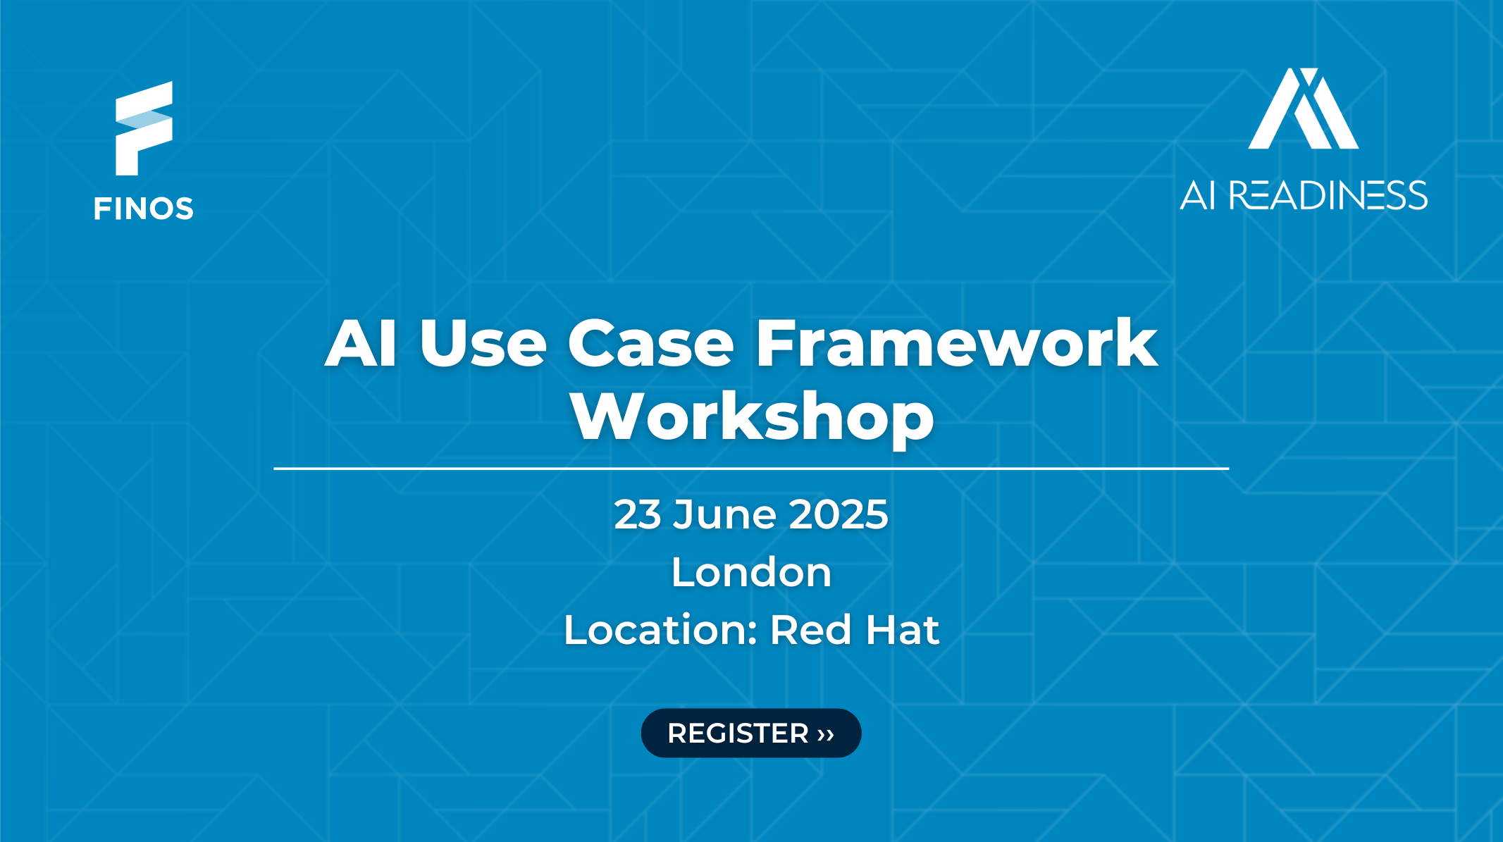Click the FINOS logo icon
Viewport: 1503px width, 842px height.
pos(144,128)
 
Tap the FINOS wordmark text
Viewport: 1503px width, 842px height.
pos(144,209)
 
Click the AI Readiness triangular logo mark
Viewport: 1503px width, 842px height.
pos(1304,109)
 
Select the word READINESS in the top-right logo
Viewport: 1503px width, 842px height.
pos(1328,195)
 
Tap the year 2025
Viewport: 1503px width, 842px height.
pos(839,514)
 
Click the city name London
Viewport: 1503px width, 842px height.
pos(752,572)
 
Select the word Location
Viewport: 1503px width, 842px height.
pos(660,629)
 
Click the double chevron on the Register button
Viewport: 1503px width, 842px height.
pos(826,734)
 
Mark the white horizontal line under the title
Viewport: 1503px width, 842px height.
pos(751,468)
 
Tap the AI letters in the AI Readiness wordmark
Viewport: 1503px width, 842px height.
pos(1198,195)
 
